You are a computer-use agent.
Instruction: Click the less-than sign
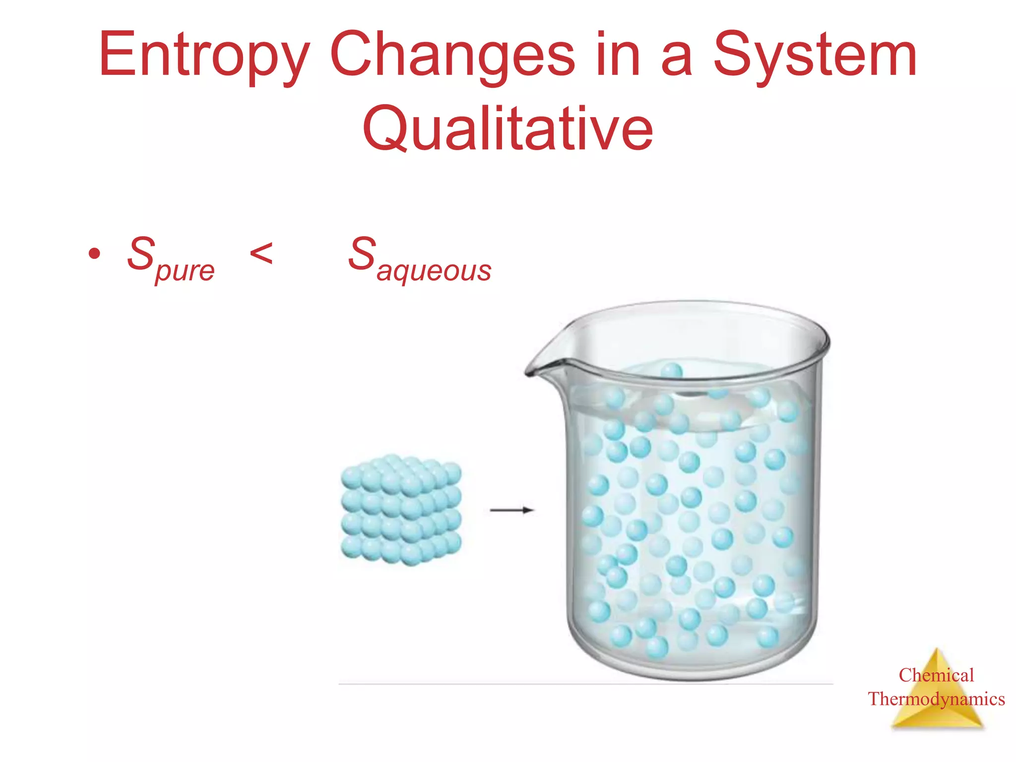tap(261, 254)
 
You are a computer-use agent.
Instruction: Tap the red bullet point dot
tap(94, 254)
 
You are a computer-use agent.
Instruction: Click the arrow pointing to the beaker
tap(511, 510)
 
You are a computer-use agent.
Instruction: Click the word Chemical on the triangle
tap(936, 675)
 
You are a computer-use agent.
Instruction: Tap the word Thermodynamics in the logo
tap(936, 699)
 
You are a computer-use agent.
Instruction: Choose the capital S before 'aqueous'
tap(362, 254)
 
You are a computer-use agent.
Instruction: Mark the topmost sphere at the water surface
tap(672, 371)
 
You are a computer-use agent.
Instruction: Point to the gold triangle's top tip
tap(936, 649)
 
